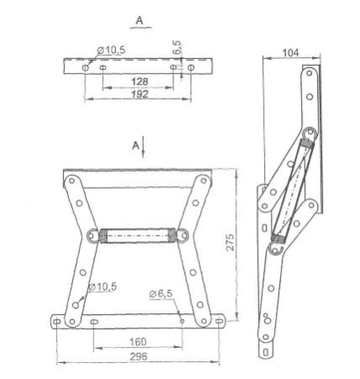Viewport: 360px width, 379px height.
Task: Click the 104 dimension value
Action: point(290,53)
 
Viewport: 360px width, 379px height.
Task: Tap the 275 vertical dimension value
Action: point(230,242)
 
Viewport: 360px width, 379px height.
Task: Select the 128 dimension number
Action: point(140,82)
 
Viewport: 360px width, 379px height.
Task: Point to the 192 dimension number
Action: point(140,94)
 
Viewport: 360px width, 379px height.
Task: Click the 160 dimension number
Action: point(138,342)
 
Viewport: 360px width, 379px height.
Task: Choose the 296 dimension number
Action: point(139,356)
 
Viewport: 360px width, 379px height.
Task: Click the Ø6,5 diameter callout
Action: point(161,294)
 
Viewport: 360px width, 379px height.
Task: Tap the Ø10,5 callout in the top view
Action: point(111,51)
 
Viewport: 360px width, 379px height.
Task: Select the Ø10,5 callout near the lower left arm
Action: point(103,286)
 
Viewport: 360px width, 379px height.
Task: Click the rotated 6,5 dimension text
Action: point(177,48)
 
